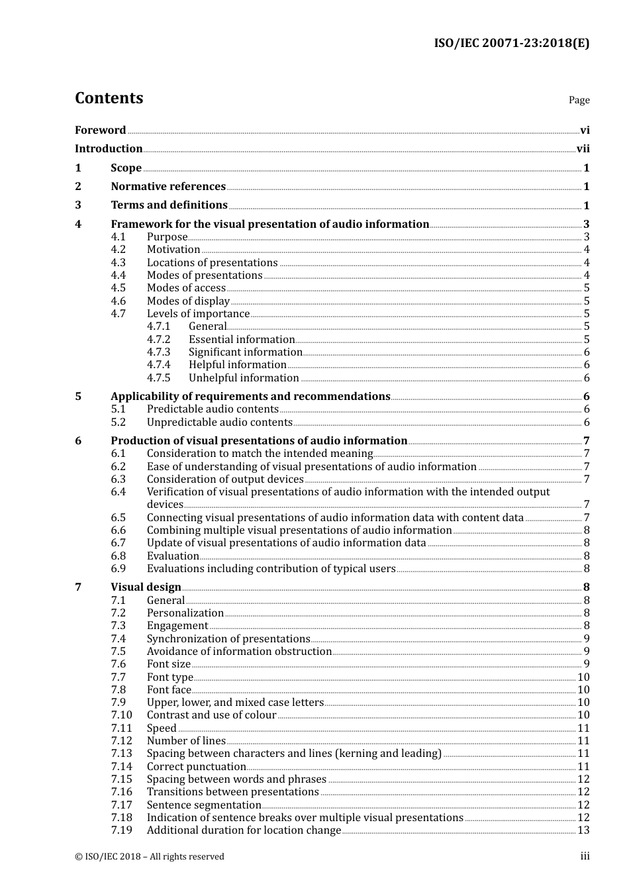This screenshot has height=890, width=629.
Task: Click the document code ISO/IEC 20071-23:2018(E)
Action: [511, 44]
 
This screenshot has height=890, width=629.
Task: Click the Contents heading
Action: [109, 98]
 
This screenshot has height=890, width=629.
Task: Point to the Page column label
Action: [579, 100]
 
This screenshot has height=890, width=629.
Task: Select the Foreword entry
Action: [100, 130]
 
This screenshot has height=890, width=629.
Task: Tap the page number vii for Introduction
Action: [583, 149]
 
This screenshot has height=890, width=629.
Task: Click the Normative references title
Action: [168, 187]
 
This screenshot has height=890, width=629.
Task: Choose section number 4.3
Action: [118, 263]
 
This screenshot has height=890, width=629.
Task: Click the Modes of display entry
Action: [188, 301]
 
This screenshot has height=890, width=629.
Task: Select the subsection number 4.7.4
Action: [158, 365]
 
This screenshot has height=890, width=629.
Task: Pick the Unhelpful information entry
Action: [244, 378]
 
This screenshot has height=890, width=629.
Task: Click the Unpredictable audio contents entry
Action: [219, 422]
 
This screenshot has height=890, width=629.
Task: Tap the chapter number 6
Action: [78, 441]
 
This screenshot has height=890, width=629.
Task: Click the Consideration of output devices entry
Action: [225, 479]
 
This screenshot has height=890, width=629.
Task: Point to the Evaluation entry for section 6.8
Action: [173, 556]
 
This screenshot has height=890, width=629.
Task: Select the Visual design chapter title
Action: [146, 587]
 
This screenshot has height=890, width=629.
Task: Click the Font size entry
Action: [168, 664]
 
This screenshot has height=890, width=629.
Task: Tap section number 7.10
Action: [121, 715]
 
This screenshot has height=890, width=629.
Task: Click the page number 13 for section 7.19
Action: [583, 830]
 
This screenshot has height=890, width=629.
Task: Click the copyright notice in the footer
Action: [150, 857]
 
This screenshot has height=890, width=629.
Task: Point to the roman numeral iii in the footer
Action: [585, 856]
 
